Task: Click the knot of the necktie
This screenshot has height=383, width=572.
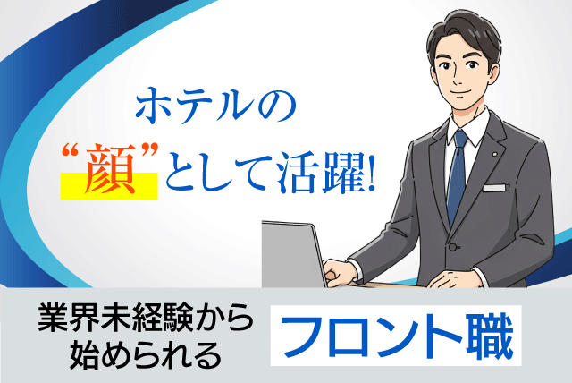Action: [458, 140]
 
